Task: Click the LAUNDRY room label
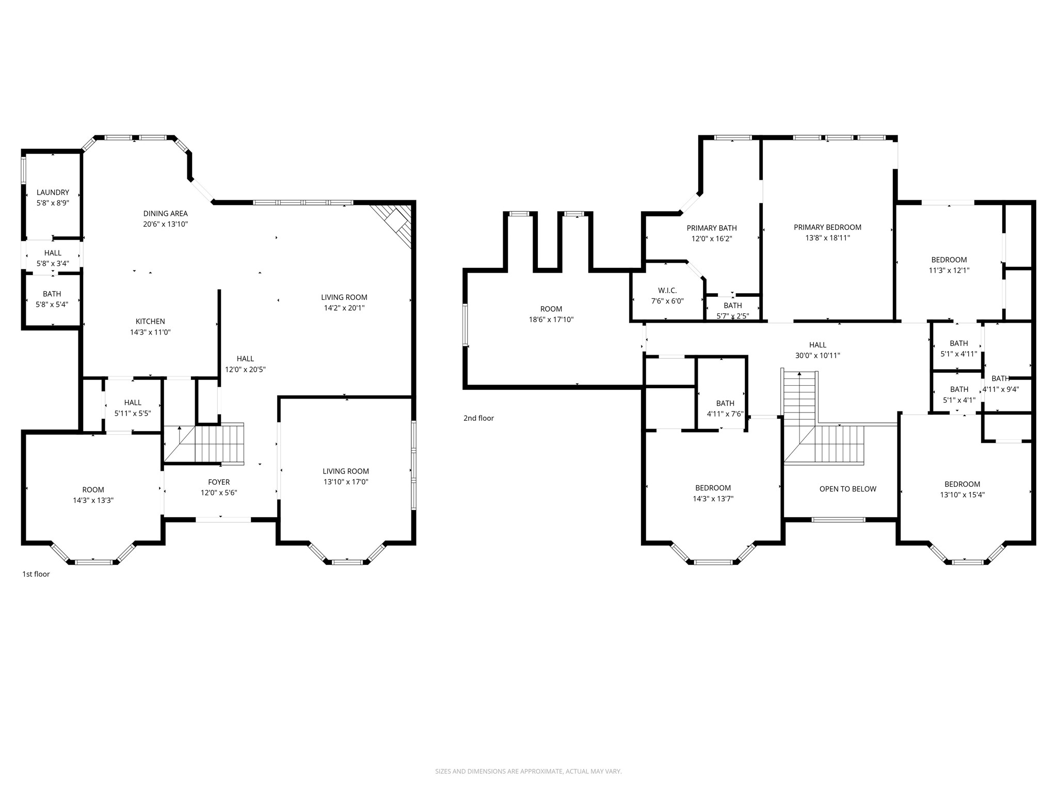pos(53,193)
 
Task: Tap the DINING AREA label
pos(165,213)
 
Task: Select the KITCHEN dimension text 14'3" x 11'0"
pos(150,332)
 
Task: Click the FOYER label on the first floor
pos(219,482)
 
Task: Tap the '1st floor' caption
pos(36,574)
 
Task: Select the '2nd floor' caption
pos(478,418)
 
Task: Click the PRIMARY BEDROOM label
pos(827,227)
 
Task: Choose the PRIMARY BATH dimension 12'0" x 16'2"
pos(712,239)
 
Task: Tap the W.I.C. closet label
pos(667,291)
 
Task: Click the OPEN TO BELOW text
pos(847,489)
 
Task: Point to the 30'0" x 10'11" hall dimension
pos(818,356)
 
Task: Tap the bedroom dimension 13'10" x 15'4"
pos(962,495)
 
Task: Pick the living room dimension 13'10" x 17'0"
pos(345,482)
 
